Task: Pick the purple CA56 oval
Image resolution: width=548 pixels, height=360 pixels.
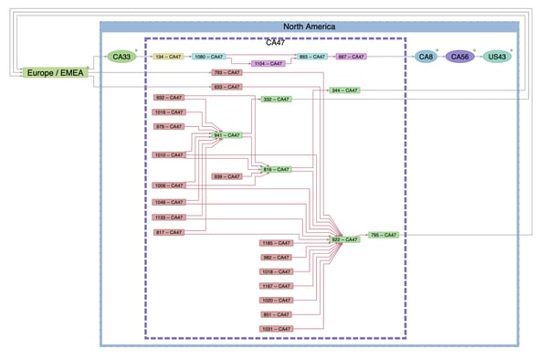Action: (460, 57)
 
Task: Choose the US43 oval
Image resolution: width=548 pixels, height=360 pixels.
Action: (497, 57)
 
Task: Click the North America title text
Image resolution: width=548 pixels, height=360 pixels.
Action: (309, 27)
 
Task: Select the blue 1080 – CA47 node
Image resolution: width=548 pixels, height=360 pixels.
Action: (208, 57)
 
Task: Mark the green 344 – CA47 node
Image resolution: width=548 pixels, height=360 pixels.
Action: (344, 90)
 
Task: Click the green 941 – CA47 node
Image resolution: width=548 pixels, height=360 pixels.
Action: (227, 135)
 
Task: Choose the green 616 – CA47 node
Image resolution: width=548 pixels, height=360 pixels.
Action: (276, 169)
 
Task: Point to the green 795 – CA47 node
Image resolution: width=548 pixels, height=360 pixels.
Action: (384, 235)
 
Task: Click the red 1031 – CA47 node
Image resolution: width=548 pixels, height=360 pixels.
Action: (276, 328)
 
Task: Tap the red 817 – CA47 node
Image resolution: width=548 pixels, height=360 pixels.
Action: (168, 232)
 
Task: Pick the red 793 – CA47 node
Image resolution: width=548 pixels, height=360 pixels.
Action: (227, 72)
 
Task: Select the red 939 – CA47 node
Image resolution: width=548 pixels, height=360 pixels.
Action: (227, 176)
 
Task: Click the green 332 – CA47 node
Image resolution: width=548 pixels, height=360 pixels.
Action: (276, 99)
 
